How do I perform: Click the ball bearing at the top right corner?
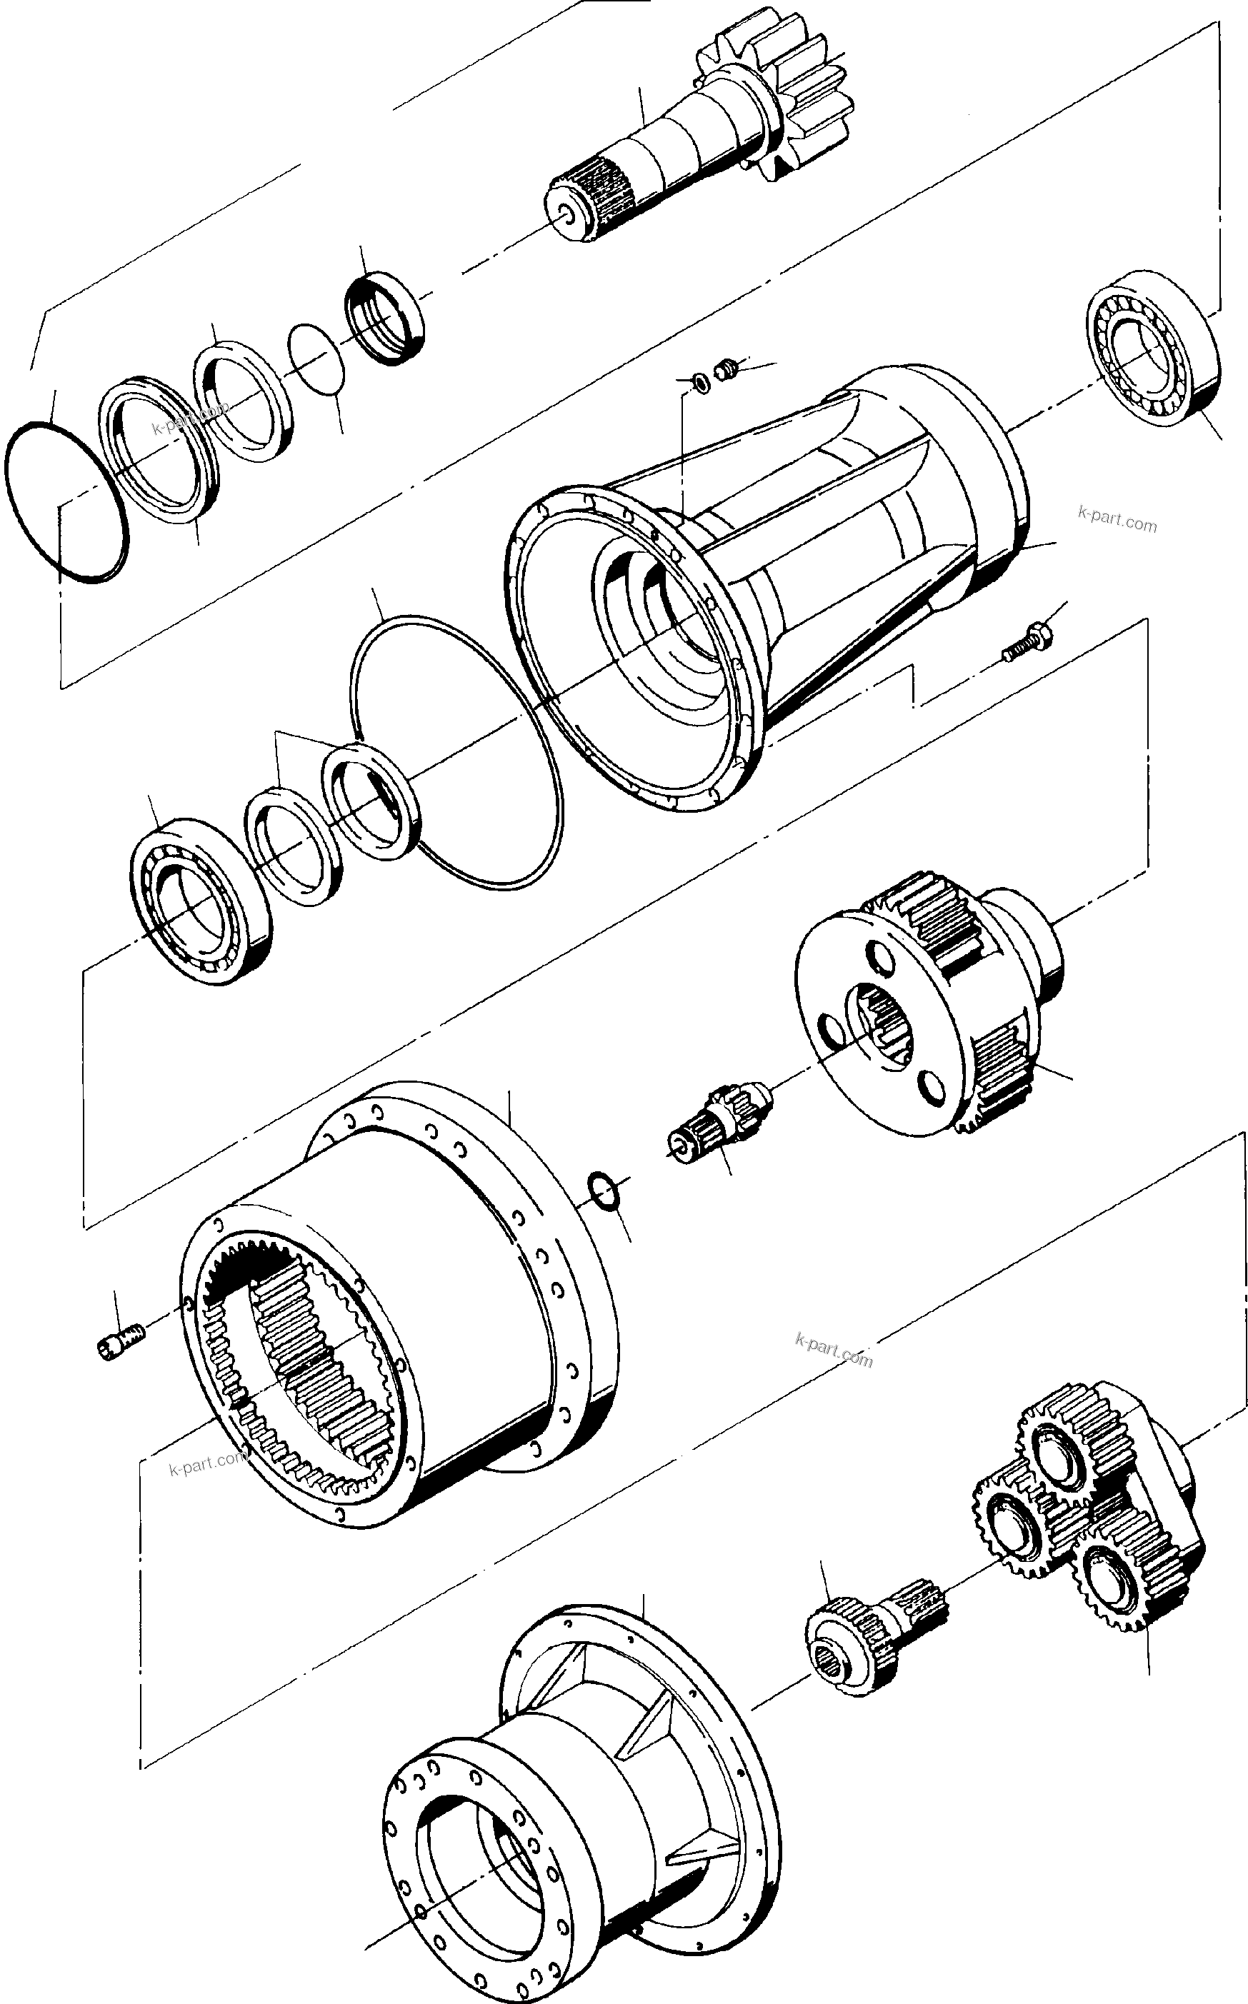[1154, 348]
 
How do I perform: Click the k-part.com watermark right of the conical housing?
[1117, 521]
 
